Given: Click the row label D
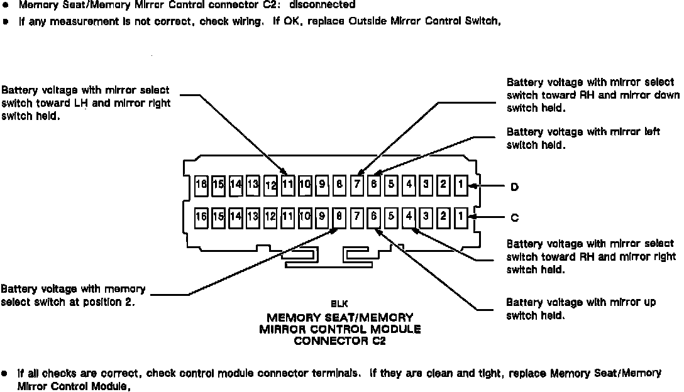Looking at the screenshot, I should [x=514, y=187].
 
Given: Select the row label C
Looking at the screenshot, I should [x=514, y=218].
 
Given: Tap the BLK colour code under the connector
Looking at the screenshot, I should [x=339, y=303].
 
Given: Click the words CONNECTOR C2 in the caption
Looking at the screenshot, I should [x=339, y=342].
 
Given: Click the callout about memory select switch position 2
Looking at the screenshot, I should [x=74, y=295].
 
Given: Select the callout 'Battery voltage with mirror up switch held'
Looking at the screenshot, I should [x=581, y=308].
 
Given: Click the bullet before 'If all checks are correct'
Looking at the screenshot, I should [x=5, y=373].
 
